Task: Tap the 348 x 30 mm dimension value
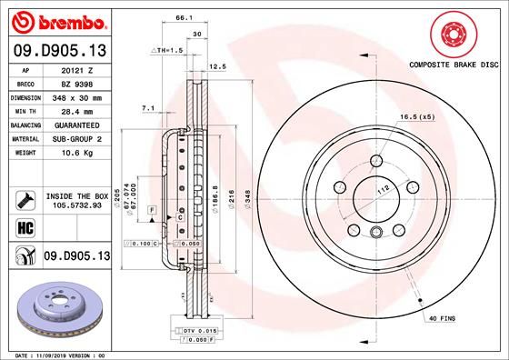[x=75, y=95]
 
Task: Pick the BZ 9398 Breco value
[x=75, y=82]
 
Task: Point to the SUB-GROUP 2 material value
[x=75, y=138]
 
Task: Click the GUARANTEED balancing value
[x=75, y=124]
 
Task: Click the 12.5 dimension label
[x=217, y=66]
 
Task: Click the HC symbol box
[x=26, y=226]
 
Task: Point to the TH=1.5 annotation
[x=170, y=52]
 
